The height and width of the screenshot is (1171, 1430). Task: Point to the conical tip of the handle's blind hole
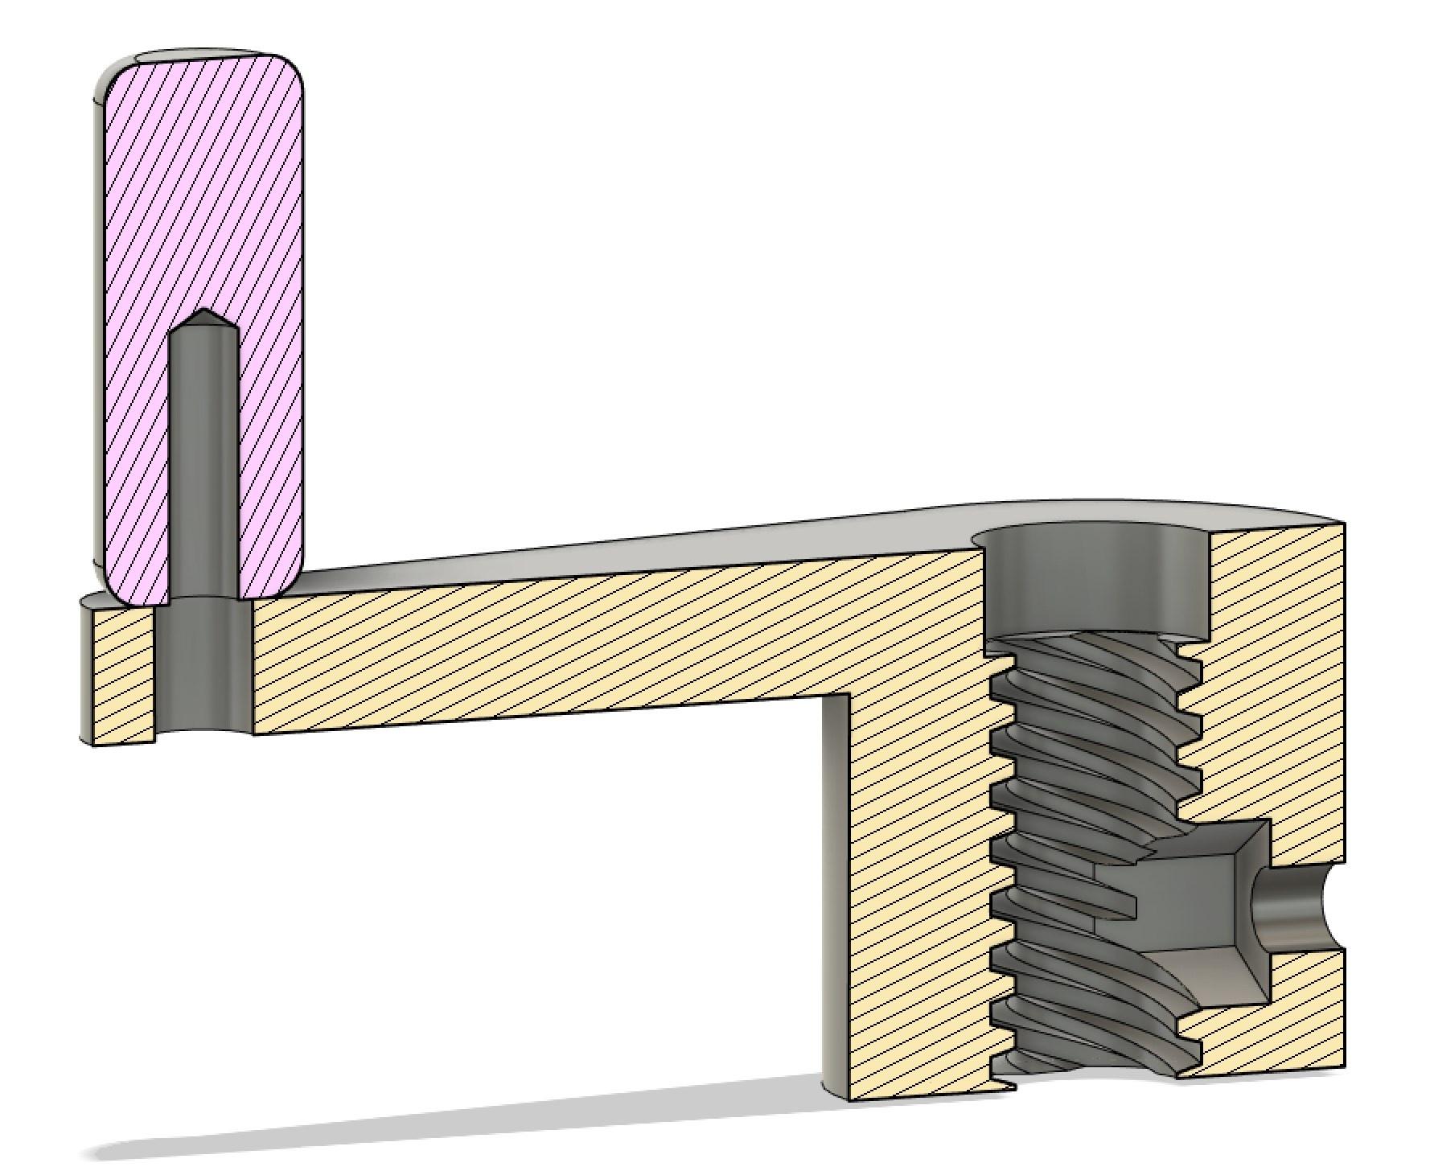(204, 318)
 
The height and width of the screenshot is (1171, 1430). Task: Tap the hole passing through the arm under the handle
(203, 668)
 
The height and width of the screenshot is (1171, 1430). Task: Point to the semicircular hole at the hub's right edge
(1295, 909)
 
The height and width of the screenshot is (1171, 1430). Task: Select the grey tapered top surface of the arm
(643, 547)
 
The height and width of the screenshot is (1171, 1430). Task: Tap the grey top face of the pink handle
(201, 56)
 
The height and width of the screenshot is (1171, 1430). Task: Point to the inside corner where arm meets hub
(849, 695)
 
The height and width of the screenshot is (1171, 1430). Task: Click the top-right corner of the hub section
(1343, 524)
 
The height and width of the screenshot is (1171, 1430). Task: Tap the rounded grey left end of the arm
(86, 668)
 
